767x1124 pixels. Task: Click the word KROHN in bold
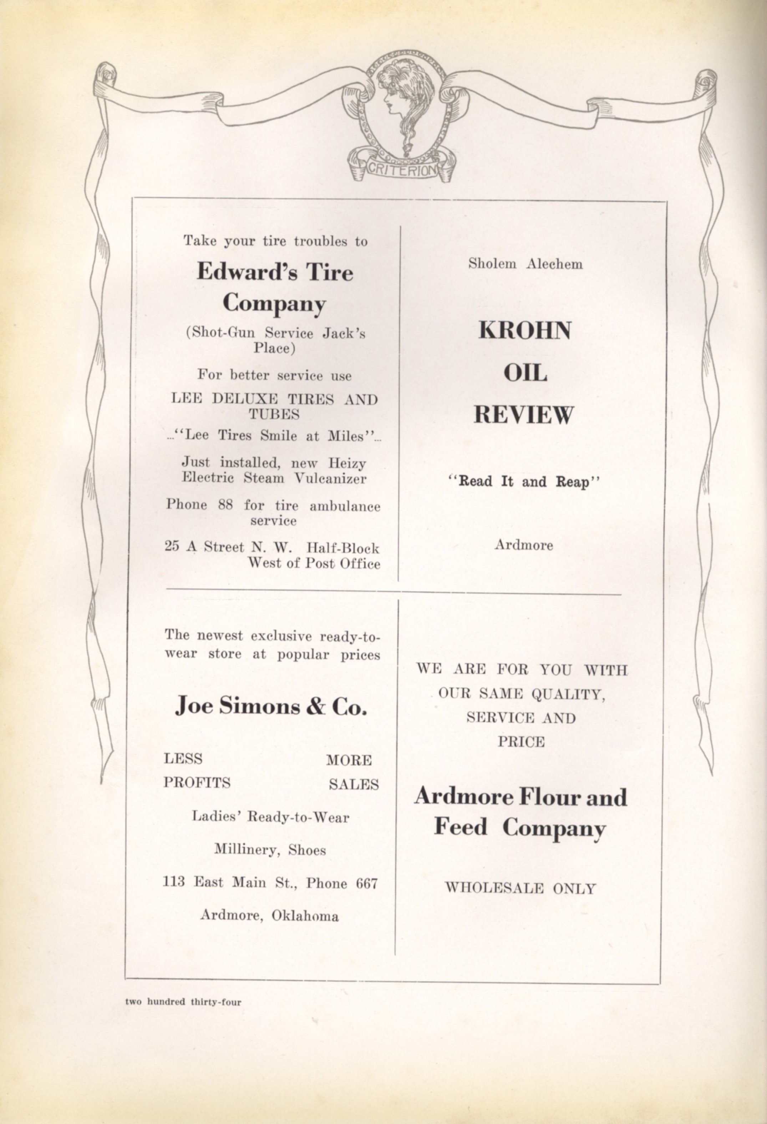coord(525,331)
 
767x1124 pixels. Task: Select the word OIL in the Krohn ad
coord(525,373)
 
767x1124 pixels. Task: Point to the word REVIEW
coord(524,415)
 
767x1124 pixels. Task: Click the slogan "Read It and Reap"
coord(524,482)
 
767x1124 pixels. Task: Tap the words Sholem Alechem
coord(525,264)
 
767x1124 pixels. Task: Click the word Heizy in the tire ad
coord(347,463)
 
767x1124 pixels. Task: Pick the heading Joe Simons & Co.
coord(271,707)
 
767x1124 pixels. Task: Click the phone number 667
coord(366,883)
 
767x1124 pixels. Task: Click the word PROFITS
coord(197,783)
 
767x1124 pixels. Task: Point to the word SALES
coord(354,784)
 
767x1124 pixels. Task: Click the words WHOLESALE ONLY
coord(520,888)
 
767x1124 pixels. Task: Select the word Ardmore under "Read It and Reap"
coord(524,545)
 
